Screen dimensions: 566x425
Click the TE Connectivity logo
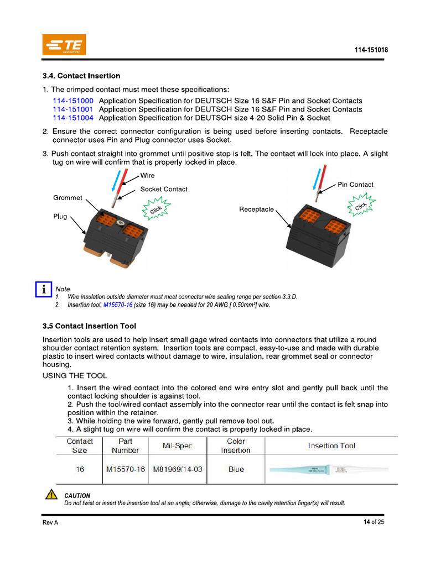[x=64, y=45]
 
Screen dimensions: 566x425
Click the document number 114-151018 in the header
[x=371, y=50]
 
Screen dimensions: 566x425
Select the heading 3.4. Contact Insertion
[x=81, y=76]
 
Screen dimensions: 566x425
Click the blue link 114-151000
[x=73, y=101]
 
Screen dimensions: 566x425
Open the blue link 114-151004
[x=73, y=118]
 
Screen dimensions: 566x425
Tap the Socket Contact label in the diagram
[x=164, y=189]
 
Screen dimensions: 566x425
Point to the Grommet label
[x=68, y=197]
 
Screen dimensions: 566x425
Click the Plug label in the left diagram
[x=60, y=216]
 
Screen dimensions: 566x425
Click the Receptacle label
[x=256, y=209]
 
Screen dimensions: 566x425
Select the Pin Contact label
[x=355, y=185]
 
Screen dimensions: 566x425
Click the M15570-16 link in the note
[x=117, y=305]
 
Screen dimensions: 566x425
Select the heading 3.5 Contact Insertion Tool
[x=90, y=326]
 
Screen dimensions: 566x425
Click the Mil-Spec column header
[x=177, y=446]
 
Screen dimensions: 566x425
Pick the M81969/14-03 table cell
[x=177, y=469]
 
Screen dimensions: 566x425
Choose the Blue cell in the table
[x=236, y=469]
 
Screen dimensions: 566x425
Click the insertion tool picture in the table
[x=329, y=470]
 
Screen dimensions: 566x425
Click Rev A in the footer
[x=50, y=523]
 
